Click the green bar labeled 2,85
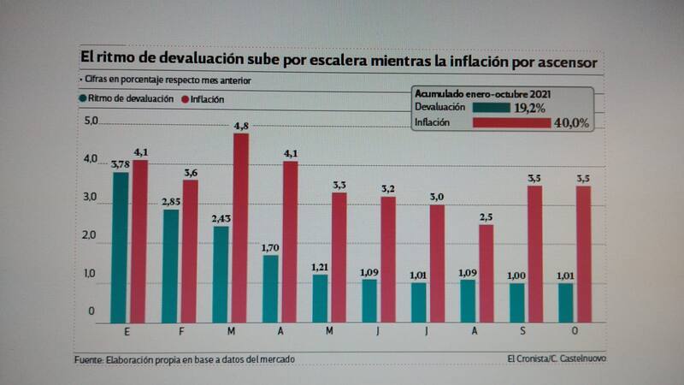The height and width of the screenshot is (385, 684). pyautogui.click(x=171, y=265)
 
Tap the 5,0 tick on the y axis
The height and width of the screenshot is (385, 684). pyautogui.click(x=91, y=120)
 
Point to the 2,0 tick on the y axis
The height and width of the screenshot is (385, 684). pyautogui.click(x=91, y=236)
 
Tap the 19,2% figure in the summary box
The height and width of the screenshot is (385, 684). pyautogui.click(x=531, y=108)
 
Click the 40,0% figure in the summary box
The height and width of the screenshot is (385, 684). pyautogui.click(x=570, y=123)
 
